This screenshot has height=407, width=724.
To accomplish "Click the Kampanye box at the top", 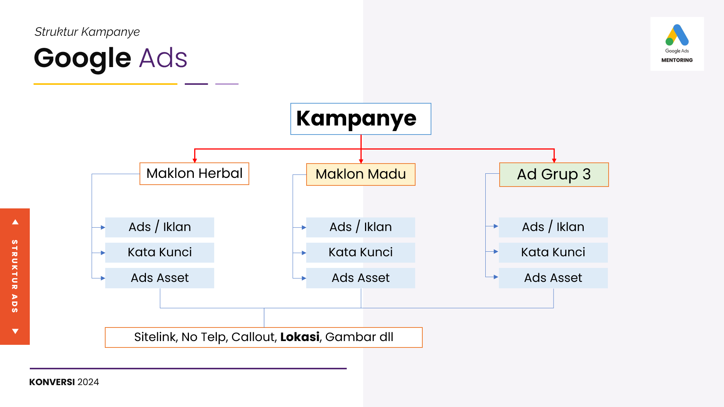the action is coord(360,119).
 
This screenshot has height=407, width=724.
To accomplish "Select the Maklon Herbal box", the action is coord(194,174).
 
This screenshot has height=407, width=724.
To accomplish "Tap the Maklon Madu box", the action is coord(360,174).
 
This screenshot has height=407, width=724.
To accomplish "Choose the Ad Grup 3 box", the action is coord(554,174).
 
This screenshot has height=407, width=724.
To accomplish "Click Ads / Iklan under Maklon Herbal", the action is coord(160,227).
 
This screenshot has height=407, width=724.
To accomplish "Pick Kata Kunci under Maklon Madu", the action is coord(360,252).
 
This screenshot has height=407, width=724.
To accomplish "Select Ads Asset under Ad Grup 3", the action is coord(553,278).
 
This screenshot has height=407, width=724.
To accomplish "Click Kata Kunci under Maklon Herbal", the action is coord(160,252).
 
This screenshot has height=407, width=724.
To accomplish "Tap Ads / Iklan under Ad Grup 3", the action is coord(553,227).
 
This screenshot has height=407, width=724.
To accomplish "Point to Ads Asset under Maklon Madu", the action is coord(360,278).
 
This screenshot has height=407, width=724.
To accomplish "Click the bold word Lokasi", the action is coord(300,337).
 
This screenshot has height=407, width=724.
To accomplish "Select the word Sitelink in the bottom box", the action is coord(155,337).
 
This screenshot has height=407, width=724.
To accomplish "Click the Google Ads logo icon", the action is coord(677,35).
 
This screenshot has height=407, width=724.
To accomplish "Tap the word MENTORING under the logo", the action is coord(677,60).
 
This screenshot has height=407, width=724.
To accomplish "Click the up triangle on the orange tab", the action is coord(15,222).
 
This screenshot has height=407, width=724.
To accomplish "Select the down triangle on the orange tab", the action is coord(15,331).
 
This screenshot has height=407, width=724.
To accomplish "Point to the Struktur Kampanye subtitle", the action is coord(87,32).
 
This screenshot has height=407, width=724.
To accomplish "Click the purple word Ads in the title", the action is coord(163,58).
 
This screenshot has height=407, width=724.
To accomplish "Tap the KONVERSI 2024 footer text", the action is coord(64,382).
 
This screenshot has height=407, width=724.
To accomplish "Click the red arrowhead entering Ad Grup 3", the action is coord(554,161).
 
